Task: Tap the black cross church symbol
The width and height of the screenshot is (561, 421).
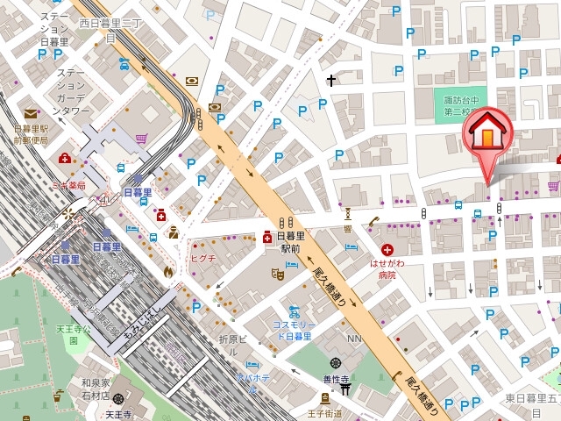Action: tap(330, 82)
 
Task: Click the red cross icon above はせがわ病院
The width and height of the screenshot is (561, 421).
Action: tap(387, 250)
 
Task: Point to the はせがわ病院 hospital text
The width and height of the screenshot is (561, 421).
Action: tap(387, 268)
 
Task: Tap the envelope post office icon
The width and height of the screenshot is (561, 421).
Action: tap(31, 113)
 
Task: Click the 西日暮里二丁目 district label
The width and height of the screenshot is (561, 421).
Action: tap(111, 30)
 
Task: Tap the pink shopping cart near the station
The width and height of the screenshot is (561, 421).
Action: tap(141, 138)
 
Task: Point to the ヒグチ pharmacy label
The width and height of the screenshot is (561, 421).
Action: tap(203, 258)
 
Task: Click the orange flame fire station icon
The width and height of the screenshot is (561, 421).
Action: tap(167, 272)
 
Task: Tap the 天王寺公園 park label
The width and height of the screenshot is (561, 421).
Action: tap(73, 335)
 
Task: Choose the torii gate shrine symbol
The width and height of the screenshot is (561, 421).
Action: tap(346, 389)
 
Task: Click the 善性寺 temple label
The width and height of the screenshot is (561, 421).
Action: tap(336, 379)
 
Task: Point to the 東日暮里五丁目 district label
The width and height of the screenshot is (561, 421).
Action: tap(531, 398)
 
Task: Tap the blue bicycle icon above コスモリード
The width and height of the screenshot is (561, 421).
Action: tap(294, 310)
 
